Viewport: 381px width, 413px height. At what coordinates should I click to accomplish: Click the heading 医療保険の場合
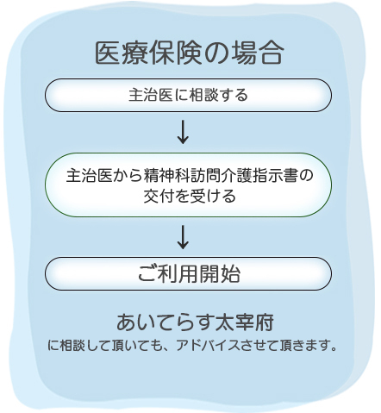[x=189, y=53]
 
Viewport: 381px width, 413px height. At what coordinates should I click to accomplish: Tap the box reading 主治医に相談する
[x=188, y=95]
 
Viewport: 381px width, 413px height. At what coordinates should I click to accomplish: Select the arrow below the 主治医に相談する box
[x=183, y=132]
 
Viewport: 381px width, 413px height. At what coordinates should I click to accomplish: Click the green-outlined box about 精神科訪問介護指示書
[x=188, y=185]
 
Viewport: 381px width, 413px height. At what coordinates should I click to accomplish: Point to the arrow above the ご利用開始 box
[x=183, y=237]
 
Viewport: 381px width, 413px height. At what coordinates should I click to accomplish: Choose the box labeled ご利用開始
[x=188, y=273]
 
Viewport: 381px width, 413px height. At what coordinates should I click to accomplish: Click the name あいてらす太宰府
[x=195, y=322]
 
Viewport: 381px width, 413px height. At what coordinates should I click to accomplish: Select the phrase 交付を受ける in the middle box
[x=190, y=196]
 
